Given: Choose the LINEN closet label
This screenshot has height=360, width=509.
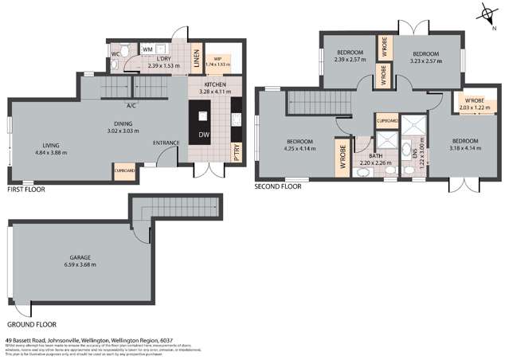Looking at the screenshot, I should [196, 57].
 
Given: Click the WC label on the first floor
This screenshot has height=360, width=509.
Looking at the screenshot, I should [116, 54].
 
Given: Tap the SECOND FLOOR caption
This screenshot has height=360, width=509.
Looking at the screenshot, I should [278, 187].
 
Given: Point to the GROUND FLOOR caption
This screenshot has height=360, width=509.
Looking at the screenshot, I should [31, 326].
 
